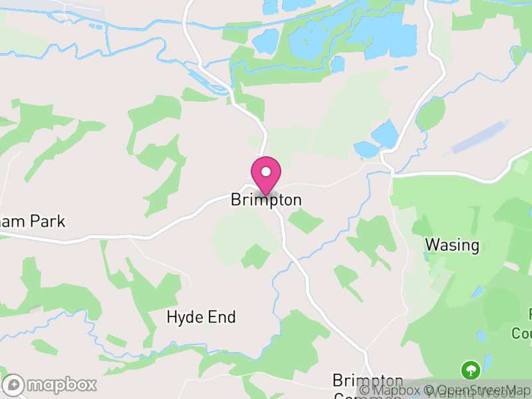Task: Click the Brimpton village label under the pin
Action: pyautogui.click(x=266, y=199)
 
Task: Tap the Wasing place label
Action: pyautogui.click(x=452, y=245)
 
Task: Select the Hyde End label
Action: pyautogui.click(x=201, y=317)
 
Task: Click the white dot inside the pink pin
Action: pyautogui.click(x=266, y=172)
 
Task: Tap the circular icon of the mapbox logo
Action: pyautogui.click(x=14, y=384)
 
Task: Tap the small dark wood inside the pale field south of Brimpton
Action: pyautogui.click(x=255, y=255)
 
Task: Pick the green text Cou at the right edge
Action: pyautogui.click(x=522, y=332)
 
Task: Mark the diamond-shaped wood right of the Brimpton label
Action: pyautogui.click(x=306, y=221)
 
